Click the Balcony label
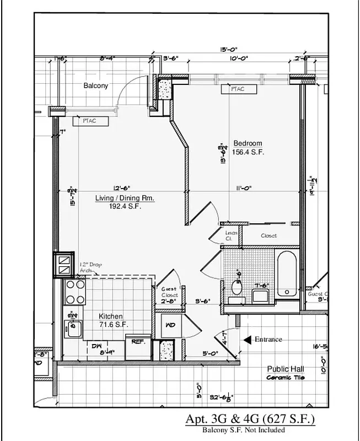tap(96, 85)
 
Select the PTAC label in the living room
tap(89, 121)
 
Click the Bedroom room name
tap(248, 143)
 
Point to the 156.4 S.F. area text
tap(248, 152)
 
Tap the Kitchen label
tap(110, 316)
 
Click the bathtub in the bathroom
tap(287, 274)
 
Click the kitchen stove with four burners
tap(75, 293)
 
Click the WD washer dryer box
tap(170, 325)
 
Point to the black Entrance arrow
tap(247, 340)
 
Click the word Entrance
tap(268, 340)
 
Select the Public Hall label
tap(286, 369)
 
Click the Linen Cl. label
tap(232, 235)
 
